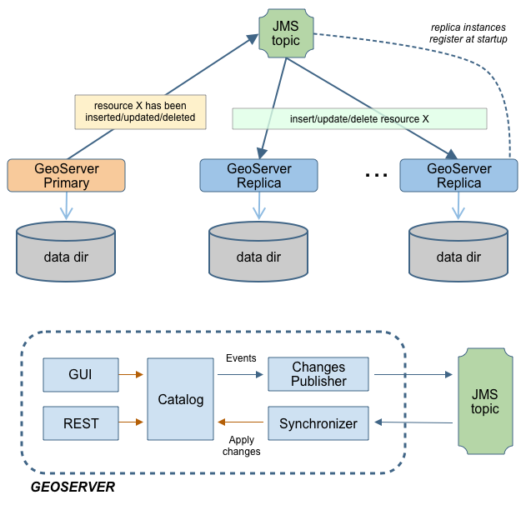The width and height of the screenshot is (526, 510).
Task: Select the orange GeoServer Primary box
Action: point(66,176)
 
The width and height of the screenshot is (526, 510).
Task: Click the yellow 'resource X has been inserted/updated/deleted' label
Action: point(139,111)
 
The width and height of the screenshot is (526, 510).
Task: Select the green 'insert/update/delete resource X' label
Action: point(358,119)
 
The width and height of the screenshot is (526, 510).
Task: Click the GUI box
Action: point(80,375)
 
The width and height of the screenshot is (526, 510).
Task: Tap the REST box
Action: point(80,423)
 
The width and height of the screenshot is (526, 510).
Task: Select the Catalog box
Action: point(180,399)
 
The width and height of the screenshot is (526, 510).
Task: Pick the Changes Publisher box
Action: point(318,375)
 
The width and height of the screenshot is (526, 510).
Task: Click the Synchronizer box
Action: point(318,423)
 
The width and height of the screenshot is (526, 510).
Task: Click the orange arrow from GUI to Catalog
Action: point(132,375)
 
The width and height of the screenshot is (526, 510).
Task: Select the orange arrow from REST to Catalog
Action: point(132,423)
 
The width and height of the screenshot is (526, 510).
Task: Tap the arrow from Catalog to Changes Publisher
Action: point(240,375)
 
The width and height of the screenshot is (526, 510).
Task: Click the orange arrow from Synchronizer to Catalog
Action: point(241,423)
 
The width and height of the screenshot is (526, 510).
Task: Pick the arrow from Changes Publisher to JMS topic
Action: point(413,375)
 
